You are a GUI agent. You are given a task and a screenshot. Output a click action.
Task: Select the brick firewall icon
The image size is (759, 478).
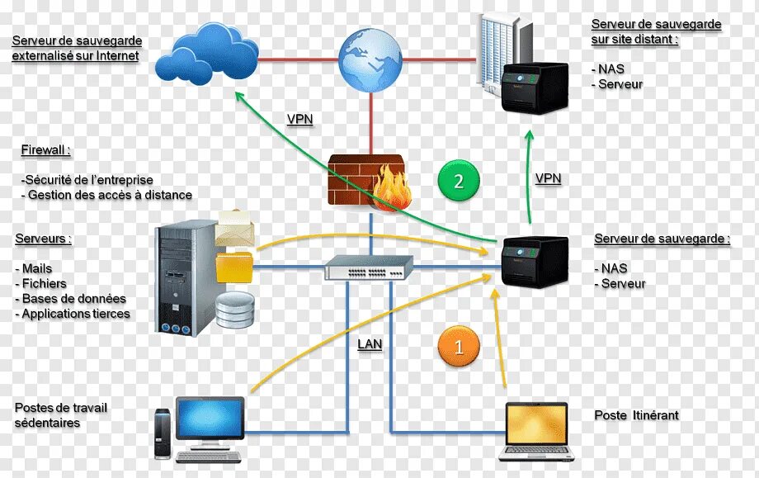[x=367, y=181]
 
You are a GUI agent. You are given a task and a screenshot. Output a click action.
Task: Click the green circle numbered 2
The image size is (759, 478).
[x=460, y=182]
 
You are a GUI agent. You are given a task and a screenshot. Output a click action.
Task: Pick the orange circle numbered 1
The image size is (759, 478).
[x=460, y=346]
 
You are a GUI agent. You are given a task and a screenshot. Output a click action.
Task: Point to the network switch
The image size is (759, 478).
[x=369, y=267]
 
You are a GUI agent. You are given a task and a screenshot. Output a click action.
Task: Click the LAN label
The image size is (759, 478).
[x=370, y=344]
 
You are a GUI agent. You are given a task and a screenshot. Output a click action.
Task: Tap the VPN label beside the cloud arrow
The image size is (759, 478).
[x=299, y=119]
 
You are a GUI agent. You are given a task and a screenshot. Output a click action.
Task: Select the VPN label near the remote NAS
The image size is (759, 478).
[x=548, y=177]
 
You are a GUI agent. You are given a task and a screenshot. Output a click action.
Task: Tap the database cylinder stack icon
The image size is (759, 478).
[x=234, y=310]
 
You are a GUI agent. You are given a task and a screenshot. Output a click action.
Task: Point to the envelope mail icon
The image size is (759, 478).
[x=238, y=229]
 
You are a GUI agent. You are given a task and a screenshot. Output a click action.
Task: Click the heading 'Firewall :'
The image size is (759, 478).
[x=45, y=150]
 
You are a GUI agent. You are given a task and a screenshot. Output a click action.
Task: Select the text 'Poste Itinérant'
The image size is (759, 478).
[x=636, y=415]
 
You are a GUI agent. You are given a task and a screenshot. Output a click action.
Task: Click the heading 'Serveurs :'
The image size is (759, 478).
[x=43, y=239]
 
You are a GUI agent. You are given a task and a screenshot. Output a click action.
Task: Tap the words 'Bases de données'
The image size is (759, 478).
[x=74, y=298]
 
